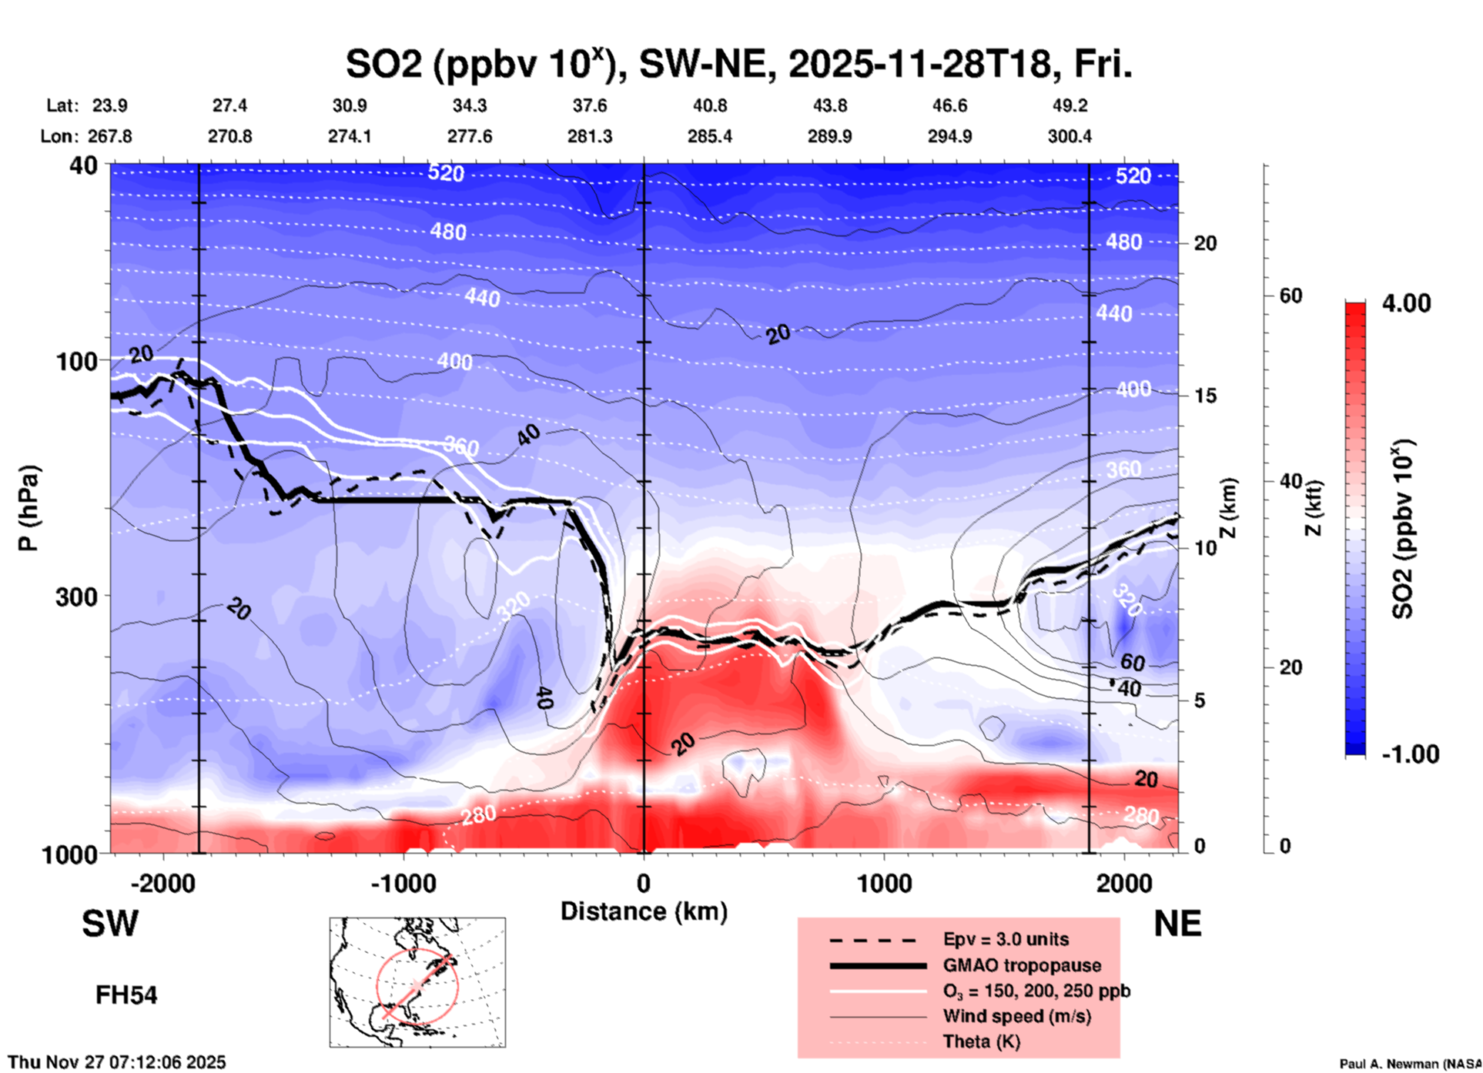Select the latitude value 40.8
(709, 105)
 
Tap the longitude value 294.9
(949, 136)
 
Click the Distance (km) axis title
(644, 911)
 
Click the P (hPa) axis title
(28, 508)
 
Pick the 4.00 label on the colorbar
(1406, 303)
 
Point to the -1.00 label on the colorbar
(1410, 754)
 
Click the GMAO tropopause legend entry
(1022, 965)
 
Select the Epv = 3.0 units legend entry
(1006, 939)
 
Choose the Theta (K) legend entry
(981, 1041)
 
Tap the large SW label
(110, 924)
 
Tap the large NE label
(1177, 924)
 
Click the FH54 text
(126, 995)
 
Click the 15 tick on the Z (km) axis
(1204, 396)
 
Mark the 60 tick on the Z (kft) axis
(1291, 296)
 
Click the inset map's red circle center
(417, 985)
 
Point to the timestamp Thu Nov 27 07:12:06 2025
(117, 1062)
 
